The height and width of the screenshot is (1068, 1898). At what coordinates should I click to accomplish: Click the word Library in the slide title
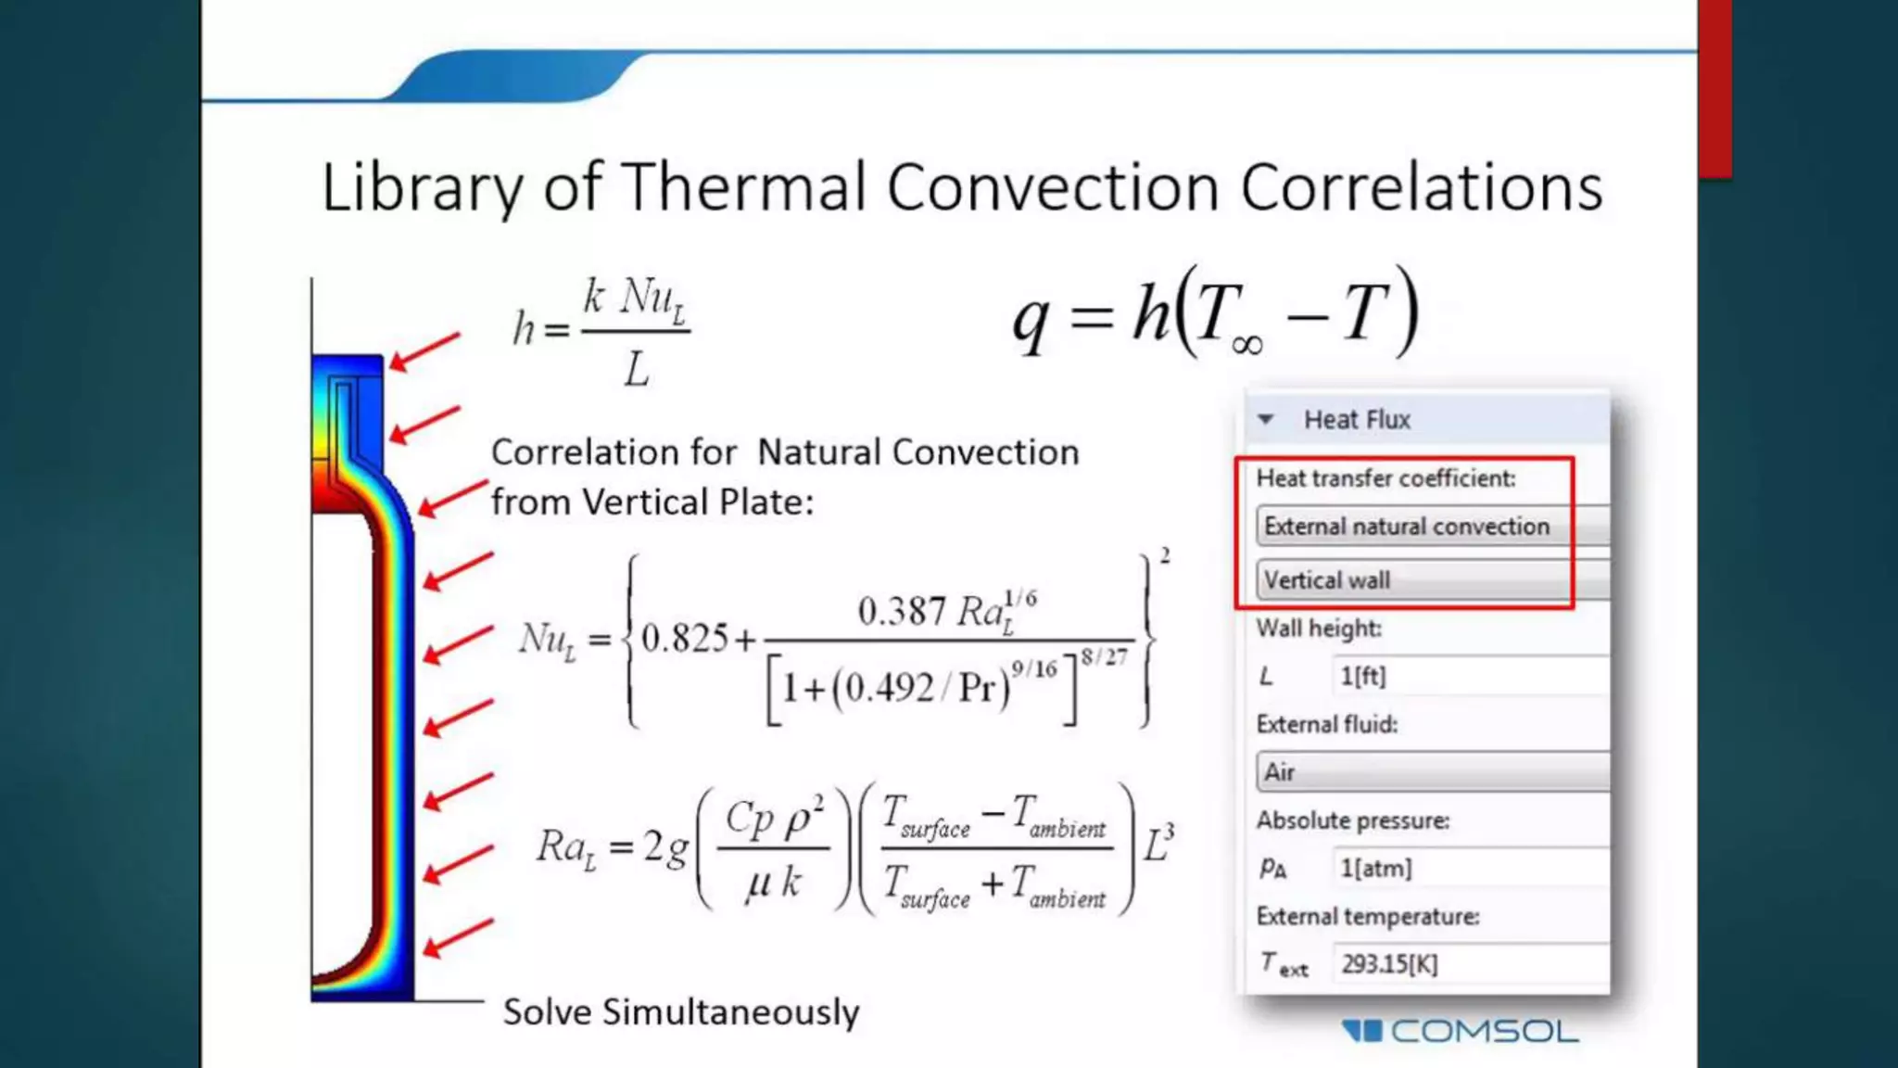tap(422, 189)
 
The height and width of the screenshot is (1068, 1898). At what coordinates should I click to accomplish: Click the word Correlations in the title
tap(1421, 189)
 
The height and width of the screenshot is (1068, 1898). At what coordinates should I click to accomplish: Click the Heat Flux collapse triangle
tap(1266, 420)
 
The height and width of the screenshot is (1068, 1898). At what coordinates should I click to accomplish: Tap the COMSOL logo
tap(1461, 1031)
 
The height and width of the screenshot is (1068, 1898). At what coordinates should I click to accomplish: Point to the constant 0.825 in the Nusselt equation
tap(685, 639)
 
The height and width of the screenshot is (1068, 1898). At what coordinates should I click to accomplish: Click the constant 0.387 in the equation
tap(902, 612)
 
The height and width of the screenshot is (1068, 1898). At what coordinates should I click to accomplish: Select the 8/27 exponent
tap(1104, 657)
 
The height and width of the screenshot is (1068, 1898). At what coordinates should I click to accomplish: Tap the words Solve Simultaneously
tap(681, 1012)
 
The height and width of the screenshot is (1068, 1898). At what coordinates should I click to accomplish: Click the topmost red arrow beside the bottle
tap(424, 351)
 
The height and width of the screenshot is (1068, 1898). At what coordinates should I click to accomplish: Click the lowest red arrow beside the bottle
tap(458, 937)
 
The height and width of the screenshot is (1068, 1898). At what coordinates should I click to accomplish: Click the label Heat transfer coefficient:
tap(1386, 478)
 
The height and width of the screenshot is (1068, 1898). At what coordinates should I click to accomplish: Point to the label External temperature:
tap(1368, 917)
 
